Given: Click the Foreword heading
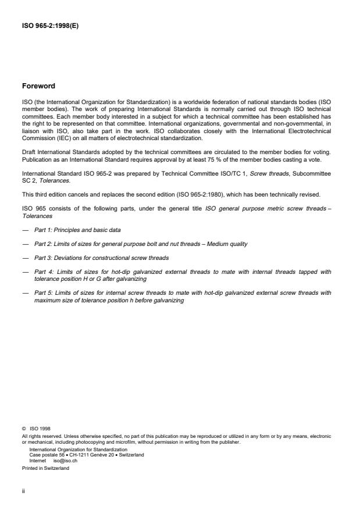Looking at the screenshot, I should coord(38,86).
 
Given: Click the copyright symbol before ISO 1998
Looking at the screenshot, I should coord(23,429).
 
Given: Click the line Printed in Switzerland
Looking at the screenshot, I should coord(45,468).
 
